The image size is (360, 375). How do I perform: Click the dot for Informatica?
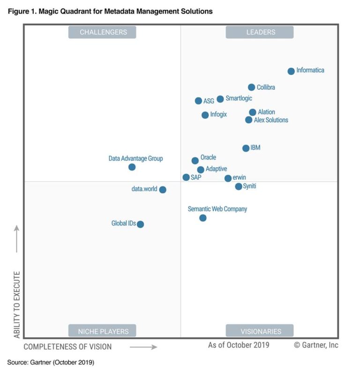(291, 71)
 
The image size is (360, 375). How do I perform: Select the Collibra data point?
(252, 87)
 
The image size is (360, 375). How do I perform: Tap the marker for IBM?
(246, 148)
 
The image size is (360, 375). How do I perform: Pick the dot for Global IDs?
(140, 224)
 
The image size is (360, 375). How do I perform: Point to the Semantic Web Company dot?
(203, 218)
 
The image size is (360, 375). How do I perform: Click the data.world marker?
(163, 190)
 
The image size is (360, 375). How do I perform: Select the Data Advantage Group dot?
(132, 167)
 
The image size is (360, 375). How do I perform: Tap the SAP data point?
(186, 177)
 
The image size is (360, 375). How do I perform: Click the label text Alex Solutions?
(271, 120)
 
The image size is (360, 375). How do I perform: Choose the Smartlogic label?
(239, 98)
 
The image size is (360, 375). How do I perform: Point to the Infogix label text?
(218, 115)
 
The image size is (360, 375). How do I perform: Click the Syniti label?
(249, 186)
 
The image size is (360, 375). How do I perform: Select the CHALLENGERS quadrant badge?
(103, 32)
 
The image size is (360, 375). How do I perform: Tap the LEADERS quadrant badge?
(261, 32)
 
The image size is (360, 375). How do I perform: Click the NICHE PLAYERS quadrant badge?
(103, 331)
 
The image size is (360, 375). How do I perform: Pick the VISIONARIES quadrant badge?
(261, 331)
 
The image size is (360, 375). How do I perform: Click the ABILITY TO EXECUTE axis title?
(17, 304)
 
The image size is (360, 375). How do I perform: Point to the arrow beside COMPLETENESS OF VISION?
(143, 347)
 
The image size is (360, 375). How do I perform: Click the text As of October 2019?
(239, 346)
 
